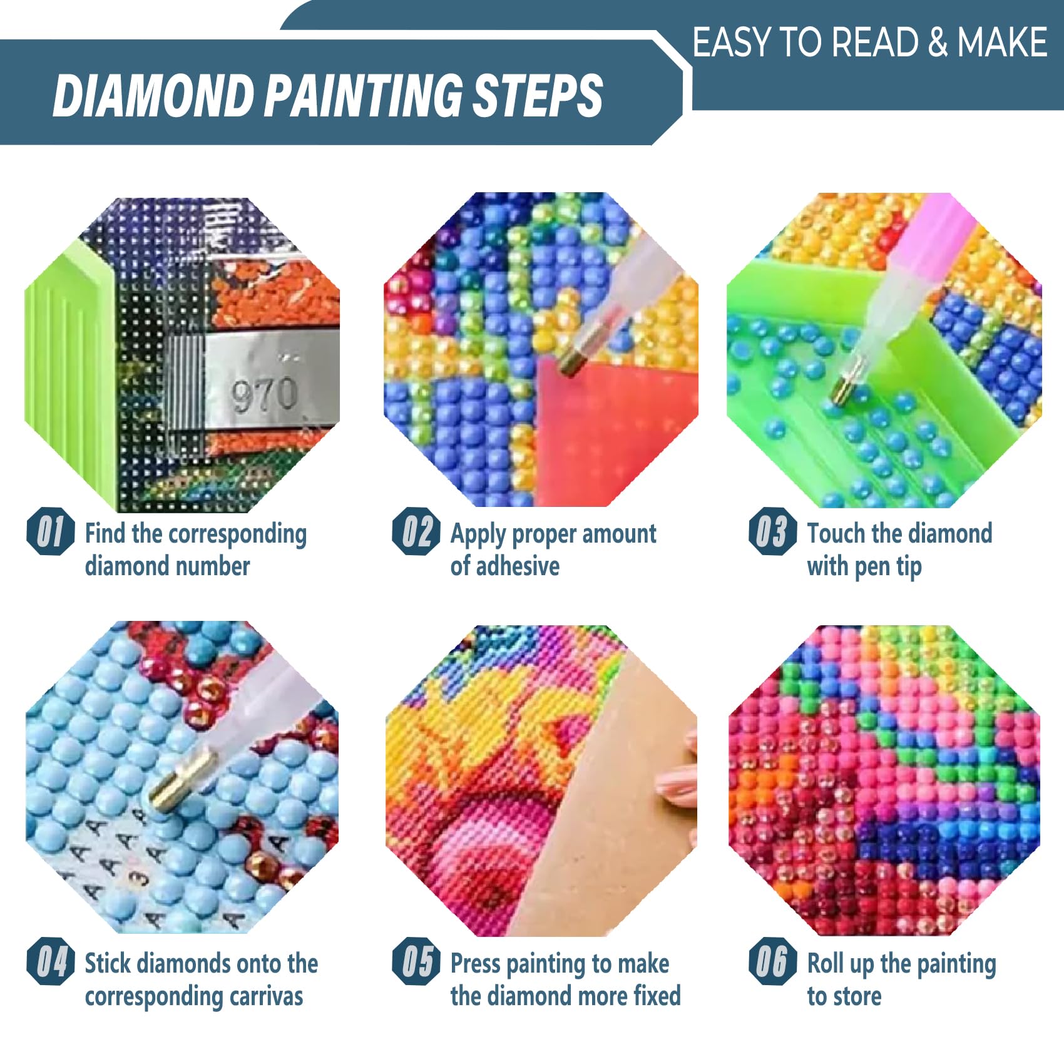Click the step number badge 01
click(51, 531)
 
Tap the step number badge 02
click(416, 531)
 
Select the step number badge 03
click(773, 531)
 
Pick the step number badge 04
click(51, 961)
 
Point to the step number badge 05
click(416, 961)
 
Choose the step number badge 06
click(773, 961)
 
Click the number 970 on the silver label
click(264, 395)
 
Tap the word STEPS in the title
click(537, 95)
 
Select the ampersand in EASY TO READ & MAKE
click(938, 43)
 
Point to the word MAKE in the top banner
click(1002, 43)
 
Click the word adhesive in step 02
click(517, 566)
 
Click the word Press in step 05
click(475, 963)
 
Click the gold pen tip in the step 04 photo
click(177, 779)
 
